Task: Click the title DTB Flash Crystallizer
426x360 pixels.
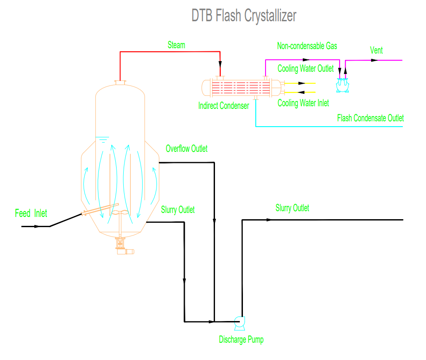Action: tap(244, 15)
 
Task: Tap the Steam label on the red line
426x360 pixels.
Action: tap(176, 45)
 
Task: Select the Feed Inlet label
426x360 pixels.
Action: tap(31, 213)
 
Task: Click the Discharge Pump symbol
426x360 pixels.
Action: tap(239, 322)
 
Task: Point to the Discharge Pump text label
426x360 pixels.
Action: tap(241, 340)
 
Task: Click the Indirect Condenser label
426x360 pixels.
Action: tap(224, 106)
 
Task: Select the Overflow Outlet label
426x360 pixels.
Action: tap(187, 149)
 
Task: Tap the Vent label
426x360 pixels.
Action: tap(376, 50)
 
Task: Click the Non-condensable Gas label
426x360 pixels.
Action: tap(307, 46)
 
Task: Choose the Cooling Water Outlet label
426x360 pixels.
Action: tap(305, 69)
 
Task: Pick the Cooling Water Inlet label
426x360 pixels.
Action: tap(303, 103)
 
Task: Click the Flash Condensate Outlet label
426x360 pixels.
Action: tap(371, 118)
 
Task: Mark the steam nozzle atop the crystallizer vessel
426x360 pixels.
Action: tap(120, 82)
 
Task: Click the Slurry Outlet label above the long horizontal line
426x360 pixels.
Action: tap(292, 208)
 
